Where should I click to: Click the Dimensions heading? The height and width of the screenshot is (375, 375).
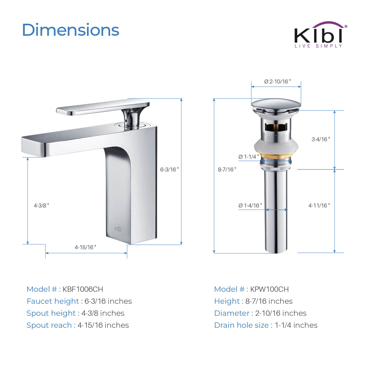[70, 30]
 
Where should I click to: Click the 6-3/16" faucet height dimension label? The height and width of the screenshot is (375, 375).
[169, 169]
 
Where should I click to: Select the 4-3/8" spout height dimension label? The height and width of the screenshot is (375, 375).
[41, 205]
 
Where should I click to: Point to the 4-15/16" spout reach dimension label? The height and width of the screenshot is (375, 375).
[85, 247]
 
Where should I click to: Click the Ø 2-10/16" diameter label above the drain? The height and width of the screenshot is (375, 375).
[277, 81]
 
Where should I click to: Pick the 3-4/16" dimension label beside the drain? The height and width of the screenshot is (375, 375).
[321, 139]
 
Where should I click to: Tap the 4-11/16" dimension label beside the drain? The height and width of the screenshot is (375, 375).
[319, 205]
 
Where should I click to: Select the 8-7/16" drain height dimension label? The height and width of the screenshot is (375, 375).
[227, 169]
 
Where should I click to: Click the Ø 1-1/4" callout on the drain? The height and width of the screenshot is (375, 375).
[248, 157]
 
